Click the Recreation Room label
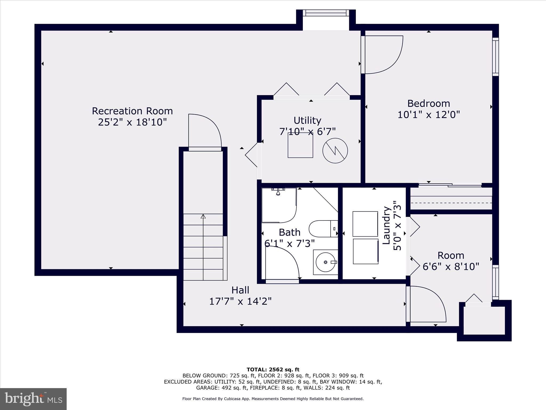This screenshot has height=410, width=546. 132,111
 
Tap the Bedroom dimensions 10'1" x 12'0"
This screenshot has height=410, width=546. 429,115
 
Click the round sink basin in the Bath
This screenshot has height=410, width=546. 325,262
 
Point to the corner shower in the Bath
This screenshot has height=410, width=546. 279,206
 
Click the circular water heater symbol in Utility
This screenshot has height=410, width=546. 335,151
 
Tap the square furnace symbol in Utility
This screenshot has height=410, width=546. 300,145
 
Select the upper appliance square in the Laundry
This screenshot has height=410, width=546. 365,224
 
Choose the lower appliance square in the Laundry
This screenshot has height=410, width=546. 366,251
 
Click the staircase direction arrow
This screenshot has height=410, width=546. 203,216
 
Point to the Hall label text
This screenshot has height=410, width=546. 240,290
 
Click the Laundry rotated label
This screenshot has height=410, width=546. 386,225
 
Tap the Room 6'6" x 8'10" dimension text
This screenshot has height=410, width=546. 451,266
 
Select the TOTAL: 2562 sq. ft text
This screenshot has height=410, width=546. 273,370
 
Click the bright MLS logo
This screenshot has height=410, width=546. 33,399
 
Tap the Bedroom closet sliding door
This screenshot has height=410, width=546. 450,185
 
